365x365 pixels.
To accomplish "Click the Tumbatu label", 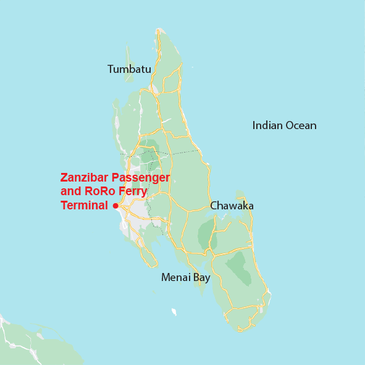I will tap(129, 69).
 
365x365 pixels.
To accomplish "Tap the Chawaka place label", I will tap(232, 206).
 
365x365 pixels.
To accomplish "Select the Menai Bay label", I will tap(185, 277).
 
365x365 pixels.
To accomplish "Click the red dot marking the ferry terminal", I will tap(115, 206).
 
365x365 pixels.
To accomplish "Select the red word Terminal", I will tap(84, 205).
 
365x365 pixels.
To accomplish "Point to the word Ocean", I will tap(302, 125).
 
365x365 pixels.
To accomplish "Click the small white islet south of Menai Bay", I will tap(174, 312).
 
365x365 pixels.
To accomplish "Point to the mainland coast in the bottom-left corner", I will tap(25, 343).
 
